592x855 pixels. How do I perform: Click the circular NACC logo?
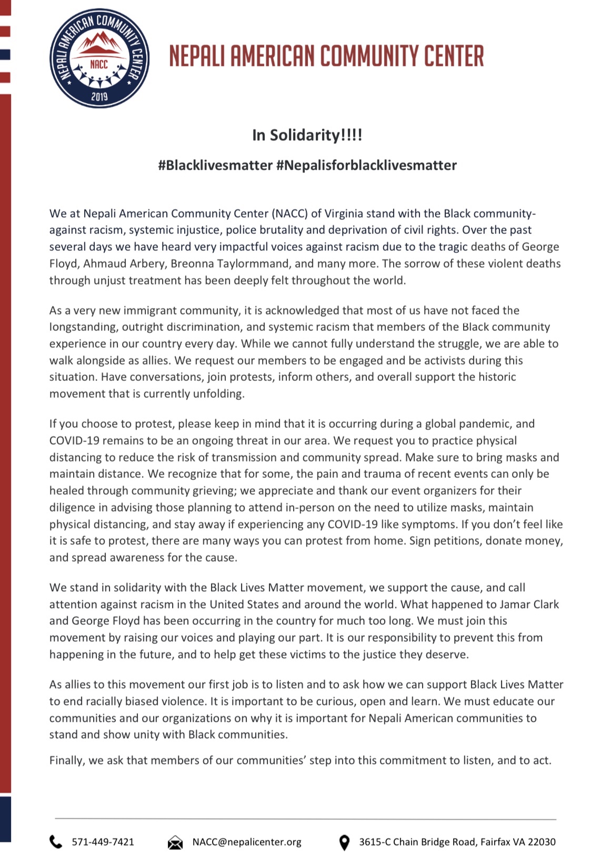tap(99, 58)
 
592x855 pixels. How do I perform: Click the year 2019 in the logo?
tap(99, 96)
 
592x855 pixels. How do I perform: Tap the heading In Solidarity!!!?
tap(307, 135)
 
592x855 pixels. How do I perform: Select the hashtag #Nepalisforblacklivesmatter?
tap(366, 165)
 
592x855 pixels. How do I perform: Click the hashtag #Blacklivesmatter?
tap(215, 165)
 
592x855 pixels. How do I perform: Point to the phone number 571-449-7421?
tap(103, 842)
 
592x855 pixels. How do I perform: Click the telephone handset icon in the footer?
tap(56, 842)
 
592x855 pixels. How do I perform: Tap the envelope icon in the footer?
tap(175, 842)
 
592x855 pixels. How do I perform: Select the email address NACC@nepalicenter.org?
tap(247, 842)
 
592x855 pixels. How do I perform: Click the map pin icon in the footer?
tap(344, 842)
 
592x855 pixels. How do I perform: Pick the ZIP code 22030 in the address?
tap(542, 842)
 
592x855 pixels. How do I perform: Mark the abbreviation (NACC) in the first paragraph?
tap(289, 213)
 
